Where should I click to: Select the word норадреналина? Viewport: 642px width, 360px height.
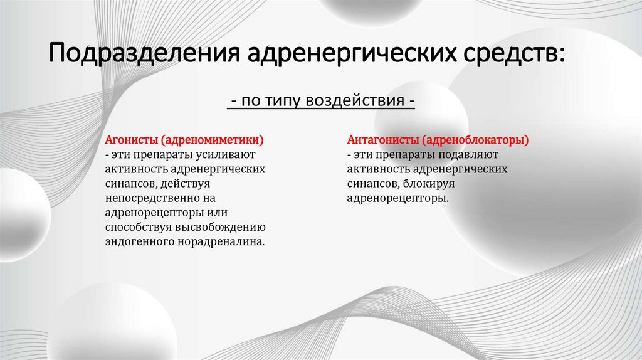(220, 241)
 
